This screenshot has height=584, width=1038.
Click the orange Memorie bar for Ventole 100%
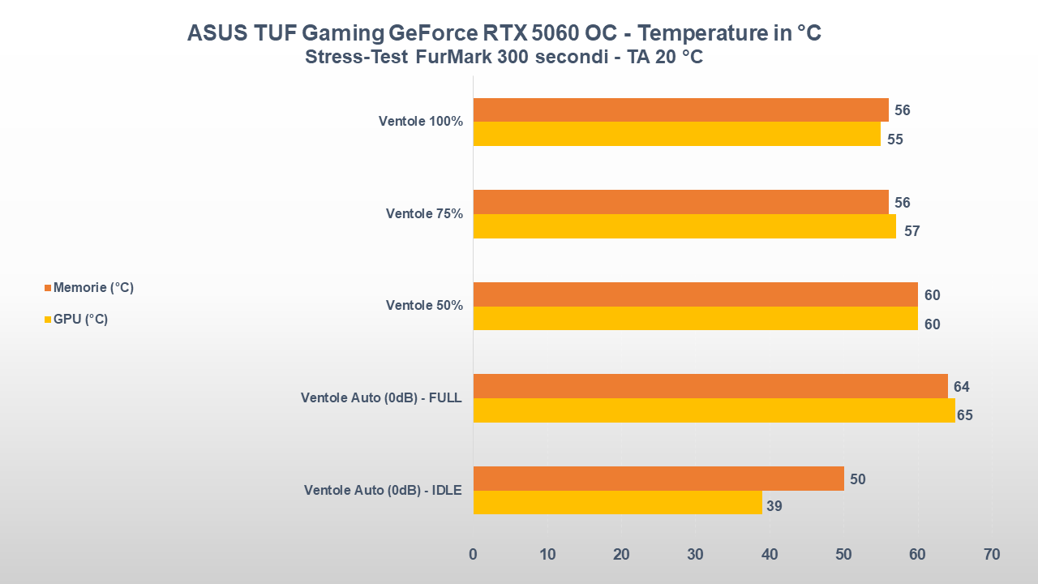680,110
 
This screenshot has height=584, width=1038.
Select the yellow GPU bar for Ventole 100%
676,135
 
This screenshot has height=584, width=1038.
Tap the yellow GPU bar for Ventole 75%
684,226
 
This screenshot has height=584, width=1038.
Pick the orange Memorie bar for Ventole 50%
695,294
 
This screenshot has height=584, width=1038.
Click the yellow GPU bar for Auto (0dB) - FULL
714,410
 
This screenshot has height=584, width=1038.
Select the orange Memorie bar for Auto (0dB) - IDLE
658,479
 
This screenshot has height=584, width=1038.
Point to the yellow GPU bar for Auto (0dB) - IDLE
617,503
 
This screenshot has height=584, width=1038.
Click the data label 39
774,507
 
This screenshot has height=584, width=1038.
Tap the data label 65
964,416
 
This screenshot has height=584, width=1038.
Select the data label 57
912,231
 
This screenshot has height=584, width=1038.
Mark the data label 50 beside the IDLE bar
857,479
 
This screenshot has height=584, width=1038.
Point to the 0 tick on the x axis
474,555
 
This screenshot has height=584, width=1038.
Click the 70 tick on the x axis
991,555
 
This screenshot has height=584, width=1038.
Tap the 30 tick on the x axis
696,555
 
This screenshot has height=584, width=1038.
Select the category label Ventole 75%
424,214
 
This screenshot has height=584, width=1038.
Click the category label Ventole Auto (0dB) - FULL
381,398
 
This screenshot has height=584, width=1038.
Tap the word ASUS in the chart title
213,33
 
